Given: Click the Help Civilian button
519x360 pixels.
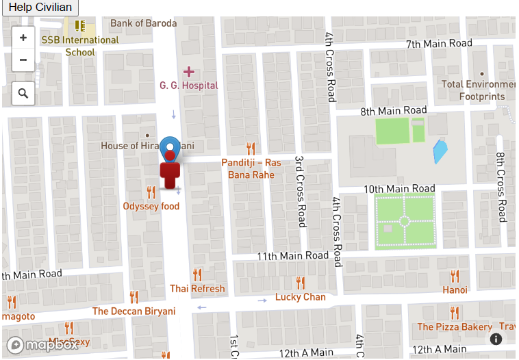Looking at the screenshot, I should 40,8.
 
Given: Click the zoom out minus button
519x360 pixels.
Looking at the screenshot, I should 23,60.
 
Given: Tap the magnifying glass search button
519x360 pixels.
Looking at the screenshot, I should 23,93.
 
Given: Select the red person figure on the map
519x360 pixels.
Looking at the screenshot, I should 170,172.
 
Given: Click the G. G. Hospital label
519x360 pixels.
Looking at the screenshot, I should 188,86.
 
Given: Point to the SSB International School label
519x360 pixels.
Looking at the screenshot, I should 80,46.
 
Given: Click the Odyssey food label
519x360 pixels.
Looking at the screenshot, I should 151,206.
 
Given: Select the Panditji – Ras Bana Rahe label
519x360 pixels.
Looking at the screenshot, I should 251,168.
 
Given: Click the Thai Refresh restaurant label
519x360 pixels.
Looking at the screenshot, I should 197,288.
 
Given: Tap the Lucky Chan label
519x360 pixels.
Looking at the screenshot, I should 300,296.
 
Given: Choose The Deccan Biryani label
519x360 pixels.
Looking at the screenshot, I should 134,311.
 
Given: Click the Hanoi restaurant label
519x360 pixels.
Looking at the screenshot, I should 455,290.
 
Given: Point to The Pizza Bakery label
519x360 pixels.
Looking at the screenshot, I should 455,326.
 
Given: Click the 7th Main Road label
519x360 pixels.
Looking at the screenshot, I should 439,44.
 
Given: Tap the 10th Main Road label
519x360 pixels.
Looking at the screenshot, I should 399,189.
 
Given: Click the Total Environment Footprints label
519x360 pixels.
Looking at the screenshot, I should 478,90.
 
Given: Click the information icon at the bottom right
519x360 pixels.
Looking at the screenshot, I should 496,339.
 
